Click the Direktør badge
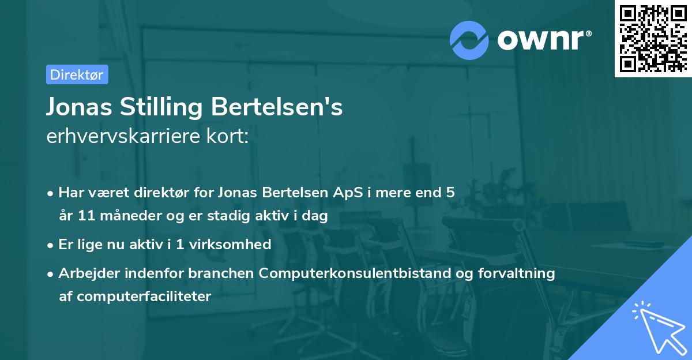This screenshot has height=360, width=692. [77, 74]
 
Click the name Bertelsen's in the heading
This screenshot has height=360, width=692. [277, 107]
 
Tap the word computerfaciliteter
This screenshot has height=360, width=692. [135, 297]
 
